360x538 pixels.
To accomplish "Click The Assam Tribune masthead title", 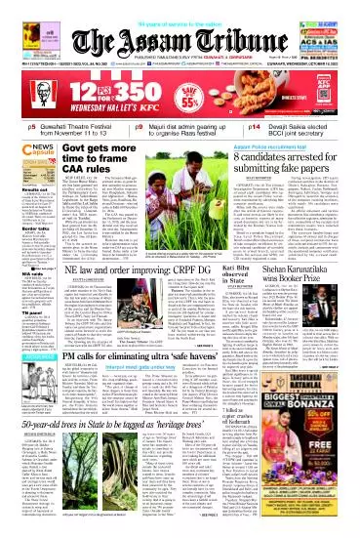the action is [x=180, y=26].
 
